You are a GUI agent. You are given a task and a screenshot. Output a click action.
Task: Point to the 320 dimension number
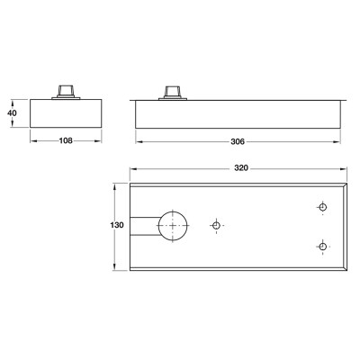coord(238,167)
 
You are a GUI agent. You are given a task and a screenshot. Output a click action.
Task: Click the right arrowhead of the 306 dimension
coord(341,141)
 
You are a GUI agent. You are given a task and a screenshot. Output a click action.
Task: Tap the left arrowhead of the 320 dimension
coord(131,167)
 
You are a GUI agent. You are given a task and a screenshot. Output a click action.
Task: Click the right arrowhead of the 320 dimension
coord(348,167)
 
